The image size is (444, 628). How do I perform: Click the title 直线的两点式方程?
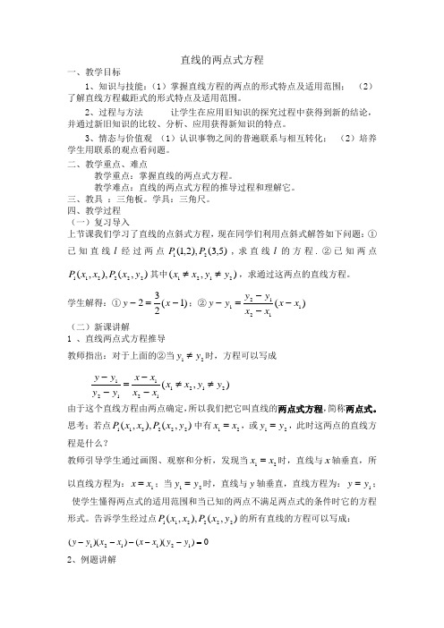tap(222, 57)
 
